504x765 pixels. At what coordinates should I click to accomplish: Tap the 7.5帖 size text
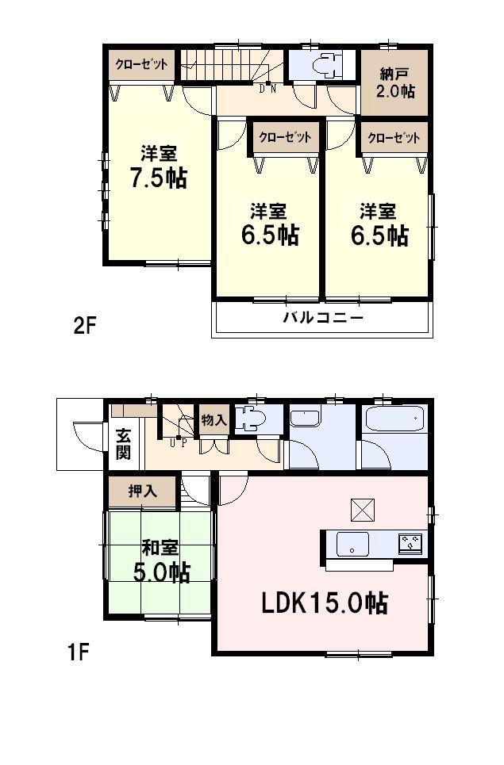coord(159,178)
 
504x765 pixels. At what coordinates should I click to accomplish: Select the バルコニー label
coord(323,319)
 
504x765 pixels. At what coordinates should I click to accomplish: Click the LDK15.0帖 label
coord(325,603)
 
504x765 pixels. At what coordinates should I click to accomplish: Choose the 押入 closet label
coord(142,491)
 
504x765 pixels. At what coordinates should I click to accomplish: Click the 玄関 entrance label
coord(125,444)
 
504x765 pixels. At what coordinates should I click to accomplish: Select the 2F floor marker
coord(85,326)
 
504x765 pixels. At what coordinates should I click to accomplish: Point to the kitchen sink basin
coord(351,545)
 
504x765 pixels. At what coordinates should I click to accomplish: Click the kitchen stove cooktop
coord(410,543)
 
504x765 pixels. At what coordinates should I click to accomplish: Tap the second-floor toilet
coord(326,64)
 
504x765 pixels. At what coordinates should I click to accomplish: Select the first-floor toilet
coord(253,419)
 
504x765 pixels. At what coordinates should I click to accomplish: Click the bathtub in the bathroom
coord(394,419)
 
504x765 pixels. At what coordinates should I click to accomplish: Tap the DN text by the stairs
coord(267,88)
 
